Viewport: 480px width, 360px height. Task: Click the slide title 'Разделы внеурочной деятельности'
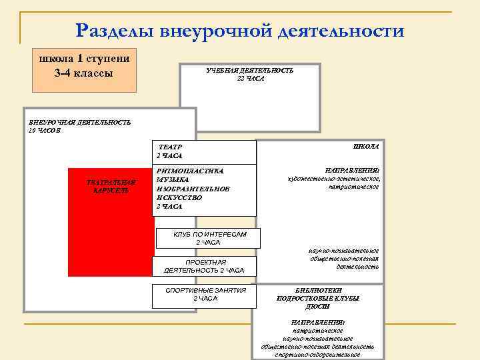coord(239,31)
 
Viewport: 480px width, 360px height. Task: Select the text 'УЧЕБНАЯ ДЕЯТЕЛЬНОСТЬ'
coord(250,70)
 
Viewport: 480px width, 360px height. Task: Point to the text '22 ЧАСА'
coord(250,79)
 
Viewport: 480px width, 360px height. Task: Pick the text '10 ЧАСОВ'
coord(45,131)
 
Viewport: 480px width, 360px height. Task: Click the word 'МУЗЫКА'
coord(173,180)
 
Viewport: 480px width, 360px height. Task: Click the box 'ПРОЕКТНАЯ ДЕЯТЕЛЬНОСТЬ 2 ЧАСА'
coord(204,266)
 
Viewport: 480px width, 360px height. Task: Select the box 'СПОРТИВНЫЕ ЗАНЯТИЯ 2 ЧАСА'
coord(205,294)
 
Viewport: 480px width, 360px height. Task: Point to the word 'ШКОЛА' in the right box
coord(365,146)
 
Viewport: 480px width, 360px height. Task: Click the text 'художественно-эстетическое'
coord(333,179)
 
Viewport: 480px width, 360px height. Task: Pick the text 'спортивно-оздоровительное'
coord(317,355)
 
